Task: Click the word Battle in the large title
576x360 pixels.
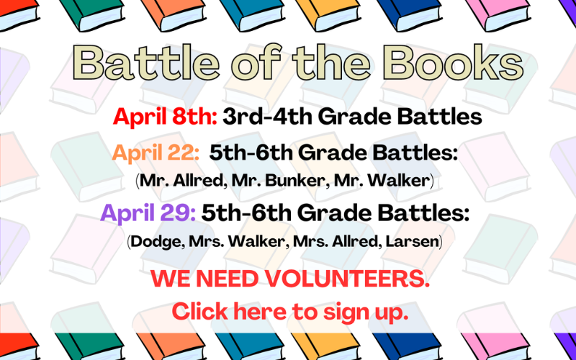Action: pyautogui.click(x=146, y=62)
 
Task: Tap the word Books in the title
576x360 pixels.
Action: pyautogui.click(x=456, y=62)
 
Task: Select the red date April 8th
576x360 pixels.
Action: pyautogui.click(x=165, y=117)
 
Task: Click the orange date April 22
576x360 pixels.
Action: pyautogui.click(x=156, y=153)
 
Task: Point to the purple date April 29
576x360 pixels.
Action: pyautogui.click(x=148, y=213)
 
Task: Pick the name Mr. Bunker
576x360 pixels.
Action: pyautogui.click(x=280, y=181)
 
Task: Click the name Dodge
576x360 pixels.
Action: pyautogui.click(x=157, y=242)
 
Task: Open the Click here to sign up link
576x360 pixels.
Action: pyautogui.click(x=290, y=312)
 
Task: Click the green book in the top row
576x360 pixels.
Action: pyautogui.click(x=92, y=14)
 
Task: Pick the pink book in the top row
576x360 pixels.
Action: pyautogui.click(x=498, y=14)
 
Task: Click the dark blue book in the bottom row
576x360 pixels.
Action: pyautogui.click(x=407, y=346)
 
